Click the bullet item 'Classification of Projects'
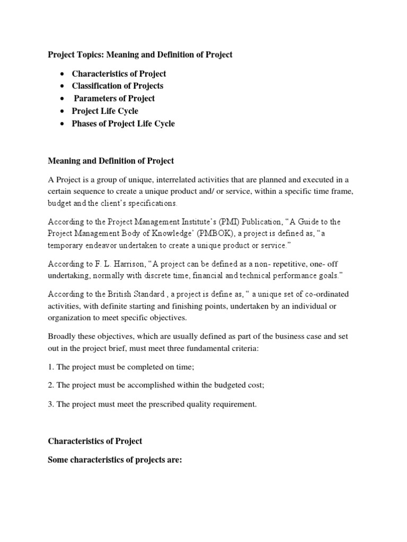coord(118,86)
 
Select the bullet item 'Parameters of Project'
coord(114,98)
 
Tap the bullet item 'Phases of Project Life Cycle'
coord(123,124)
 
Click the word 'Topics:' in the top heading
coord(91,55)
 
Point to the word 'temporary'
coord(67,247)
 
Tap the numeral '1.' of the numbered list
coord(51,367)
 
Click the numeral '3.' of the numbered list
coord(51,404)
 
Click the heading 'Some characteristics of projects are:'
coord(115,460)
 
